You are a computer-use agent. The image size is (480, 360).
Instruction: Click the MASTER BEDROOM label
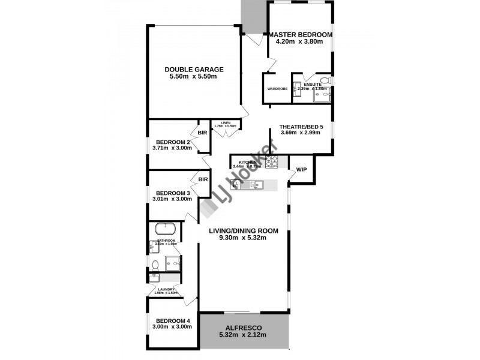coord(300,34)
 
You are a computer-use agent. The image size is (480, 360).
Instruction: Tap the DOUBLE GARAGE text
coord(194,69)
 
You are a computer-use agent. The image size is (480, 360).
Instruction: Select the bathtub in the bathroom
coord(165,229)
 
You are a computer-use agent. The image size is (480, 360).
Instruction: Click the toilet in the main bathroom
coord(155,264)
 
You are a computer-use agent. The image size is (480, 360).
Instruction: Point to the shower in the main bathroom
coord(173,262)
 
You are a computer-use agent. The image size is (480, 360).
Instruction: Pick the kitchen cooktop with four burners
coord(271,161)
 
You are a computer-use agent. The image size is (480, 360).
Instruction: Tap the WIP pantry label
coord(301,169)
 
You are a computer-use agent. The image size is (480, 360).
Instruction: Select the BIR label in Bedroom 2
coord(202,133)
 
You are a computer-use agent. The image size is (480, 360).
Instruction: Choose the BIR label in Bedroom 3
coord(202,179)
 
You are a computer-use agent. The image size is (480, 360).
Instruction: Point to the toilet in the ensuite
coord(325,80)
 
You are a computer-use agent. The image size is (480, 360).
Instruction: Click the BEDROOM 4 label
coord(172,320)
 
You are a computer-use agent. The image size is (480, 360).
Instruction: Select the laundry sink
coord(155,277)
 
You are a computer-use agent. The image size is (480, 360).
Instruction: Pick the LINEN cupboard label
coord(226,122)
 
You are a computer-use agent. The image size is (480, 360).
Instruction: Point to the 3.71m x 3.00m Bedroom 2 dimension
coord(172,148)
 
